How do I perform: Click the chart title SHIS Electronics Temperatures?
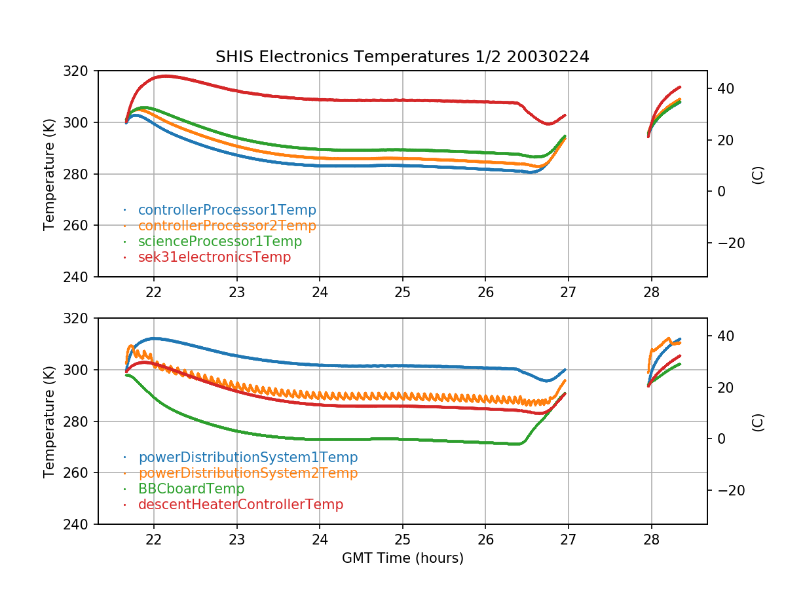pyautogui.click(x=402, y=57)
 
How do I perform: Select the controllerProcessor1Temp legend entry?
pyautogui.click(x=227, y=210)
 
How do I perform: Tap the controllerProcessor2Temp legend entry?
pyautogui.click(x=227, y=226)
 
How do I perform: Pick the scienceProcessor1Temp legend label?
pyautogui.click(x=219, y=241)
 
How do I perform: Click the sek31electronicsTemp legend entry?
pyautogui.click(x=214, y=257)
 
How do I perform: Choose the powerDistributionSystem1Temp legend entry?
pyautogui.click(x=248, y=457)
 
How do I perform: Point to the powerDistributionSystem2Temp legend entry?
pyautogui.click(x=248, y=473)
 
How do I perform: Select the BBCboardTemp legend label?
pyautogui.click(x=191, y=489)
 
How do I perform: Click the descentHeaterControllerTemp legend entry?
pyautogui.click(x=240, y=505)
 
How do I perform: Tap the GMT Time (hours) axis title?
pyautogui.click(x=402, y=558)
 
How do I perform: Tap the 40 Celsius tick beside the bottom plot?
pyautogui.click(x=723, y=336)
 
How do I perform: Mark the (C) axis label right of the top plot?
pyautogui.click(x=758, y=174)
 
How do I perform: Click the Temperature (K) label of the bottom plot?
pyautogui.click(x=49, y=421)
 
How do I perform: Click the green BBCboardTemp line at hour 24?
pyautogui.click(x=320, y=439)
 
